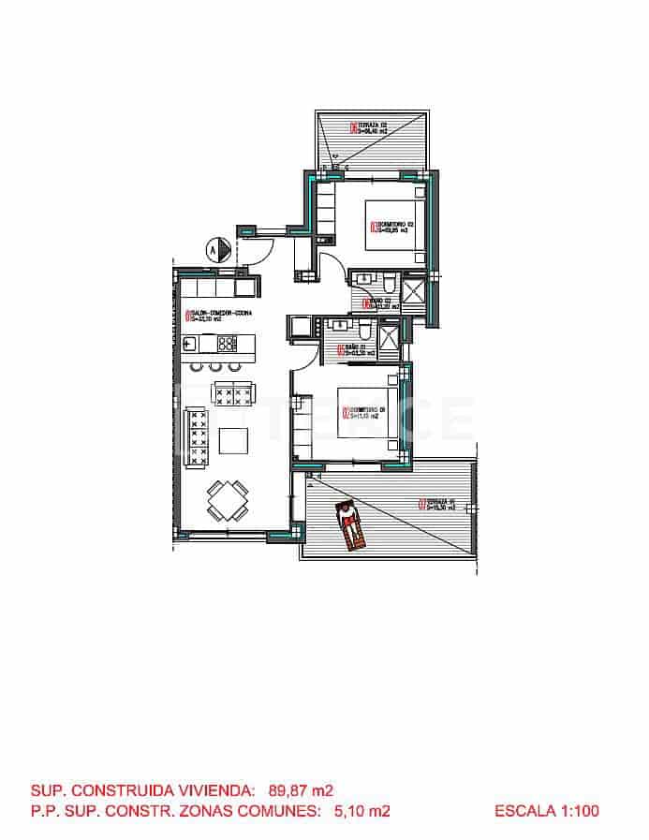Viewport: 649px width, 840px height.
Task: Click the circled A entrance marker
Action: (x=215, y=250)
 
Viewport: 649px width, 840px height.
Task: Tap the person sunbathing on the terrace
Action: (x=349, y=526)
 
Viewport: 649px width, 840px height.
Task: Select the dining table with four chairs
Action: (x=228, y=502)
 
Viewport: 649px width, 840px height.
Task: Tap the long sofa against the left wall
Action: (x=199, y=436)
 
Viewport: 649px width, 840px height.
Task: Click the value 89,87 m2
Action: (x=301, y=789)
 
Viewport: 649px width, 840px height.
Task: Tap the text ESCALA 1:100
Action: (x=547, y=812)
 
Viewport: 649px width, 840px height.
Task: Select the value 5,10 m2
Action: (x=361, y=812)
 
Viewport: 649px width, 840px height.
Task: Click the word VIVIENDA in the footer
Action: (x=212, y=789)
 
